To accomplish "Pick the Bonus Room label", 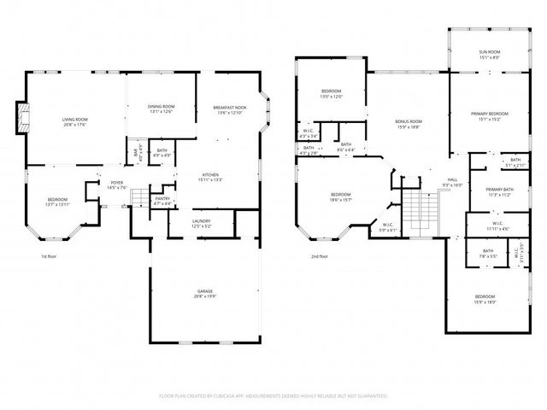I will (x=409, y=123).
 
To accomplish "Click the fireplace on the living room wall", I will (x=21, y=119).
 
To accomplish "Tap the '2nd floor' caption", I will (x=320, y=256).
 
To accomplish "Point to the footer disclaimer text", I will (x=273, y=395).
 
